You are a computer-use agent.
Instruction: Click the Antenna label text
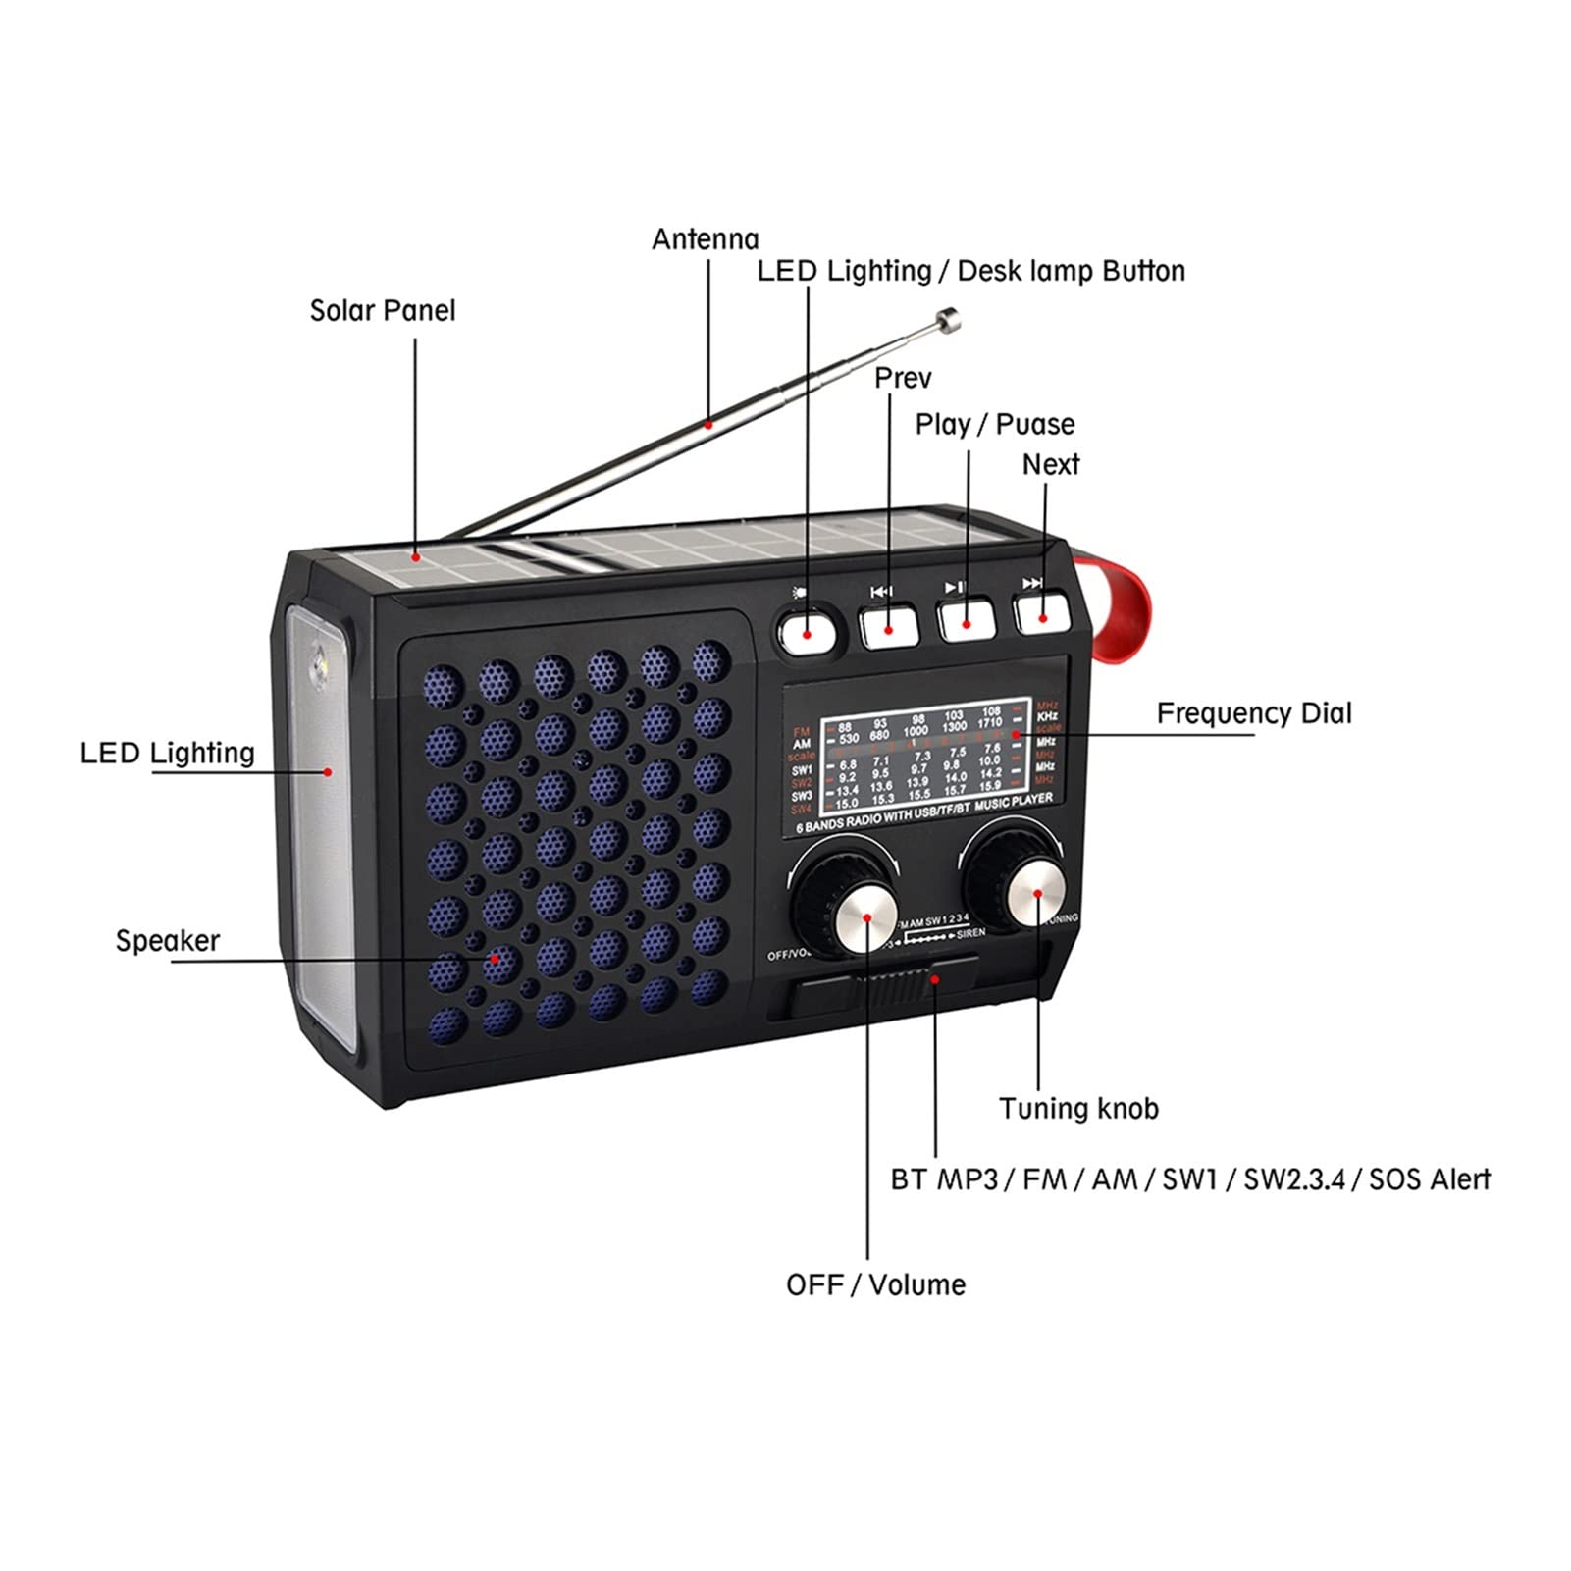click(x=705, y=239)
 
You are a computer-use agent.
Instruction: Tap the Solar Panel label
click(x=383, y=311)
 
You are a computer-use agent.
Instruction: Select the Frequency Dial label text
click(x=1253, y=713)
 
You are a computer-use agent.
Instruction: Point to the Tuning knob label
click(x=1078, y=1109)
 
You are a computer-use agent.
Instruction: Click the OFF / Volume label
click(x=875, y=1284)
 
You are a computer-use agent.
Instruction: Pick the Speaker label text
click(x=168, y=940)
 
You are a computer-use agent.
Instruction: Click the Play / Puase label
click(x=994, y=424)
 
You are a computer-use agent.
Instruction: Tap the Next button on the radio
click(x=1042, y=613)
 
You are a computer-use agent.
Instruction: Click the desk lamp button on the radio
click(x=807, y=629)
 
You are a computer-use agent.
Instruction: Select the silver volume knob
click(x=867, y=916)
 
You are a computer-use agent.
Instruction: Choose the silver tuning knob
click(x=1036, y=891)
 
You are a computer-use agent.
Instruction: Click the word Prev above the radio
click(x=903, y=378)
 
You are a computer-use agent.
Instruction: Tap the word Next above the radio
click(x=1050, y=464)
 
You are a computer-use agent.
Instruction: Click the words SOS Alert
click(x=1429, y=1178)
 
